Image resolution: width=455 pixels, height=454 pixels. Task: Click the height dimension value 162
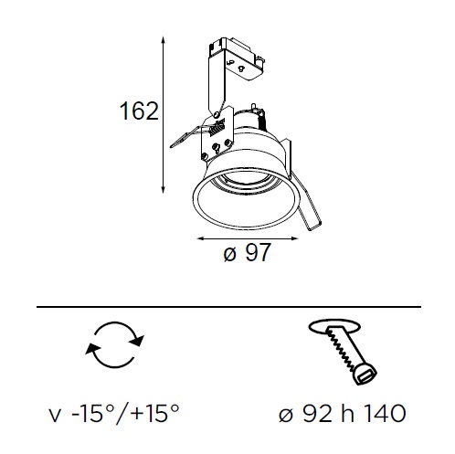coord(140,111)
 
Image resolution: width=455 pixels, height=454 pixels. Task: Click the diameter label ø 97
coord(247,252)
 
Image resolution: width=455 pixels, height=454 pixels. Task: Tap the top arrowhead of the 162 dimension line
coord(164,40)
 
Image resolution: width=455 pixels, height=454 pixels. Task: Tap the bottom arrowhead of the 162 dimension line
coord(164,189)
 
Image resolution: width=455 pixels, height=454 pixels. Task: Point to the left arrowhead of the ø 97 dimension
coord(201,238)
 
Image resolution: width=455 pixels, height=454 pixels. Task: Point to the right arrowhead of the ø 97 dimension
coord(294,238)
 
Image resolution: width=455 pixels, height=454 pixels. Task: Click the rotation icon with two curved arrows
coord(114,344)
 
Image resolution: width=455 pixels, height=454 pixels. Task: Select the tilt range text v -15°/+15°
coord(114,413)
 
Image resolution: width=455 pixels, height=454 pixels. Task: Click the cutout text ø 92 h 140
coord(343,413)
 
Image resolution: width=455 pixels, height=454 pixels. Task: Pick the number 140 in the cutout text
coord(385,413)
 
